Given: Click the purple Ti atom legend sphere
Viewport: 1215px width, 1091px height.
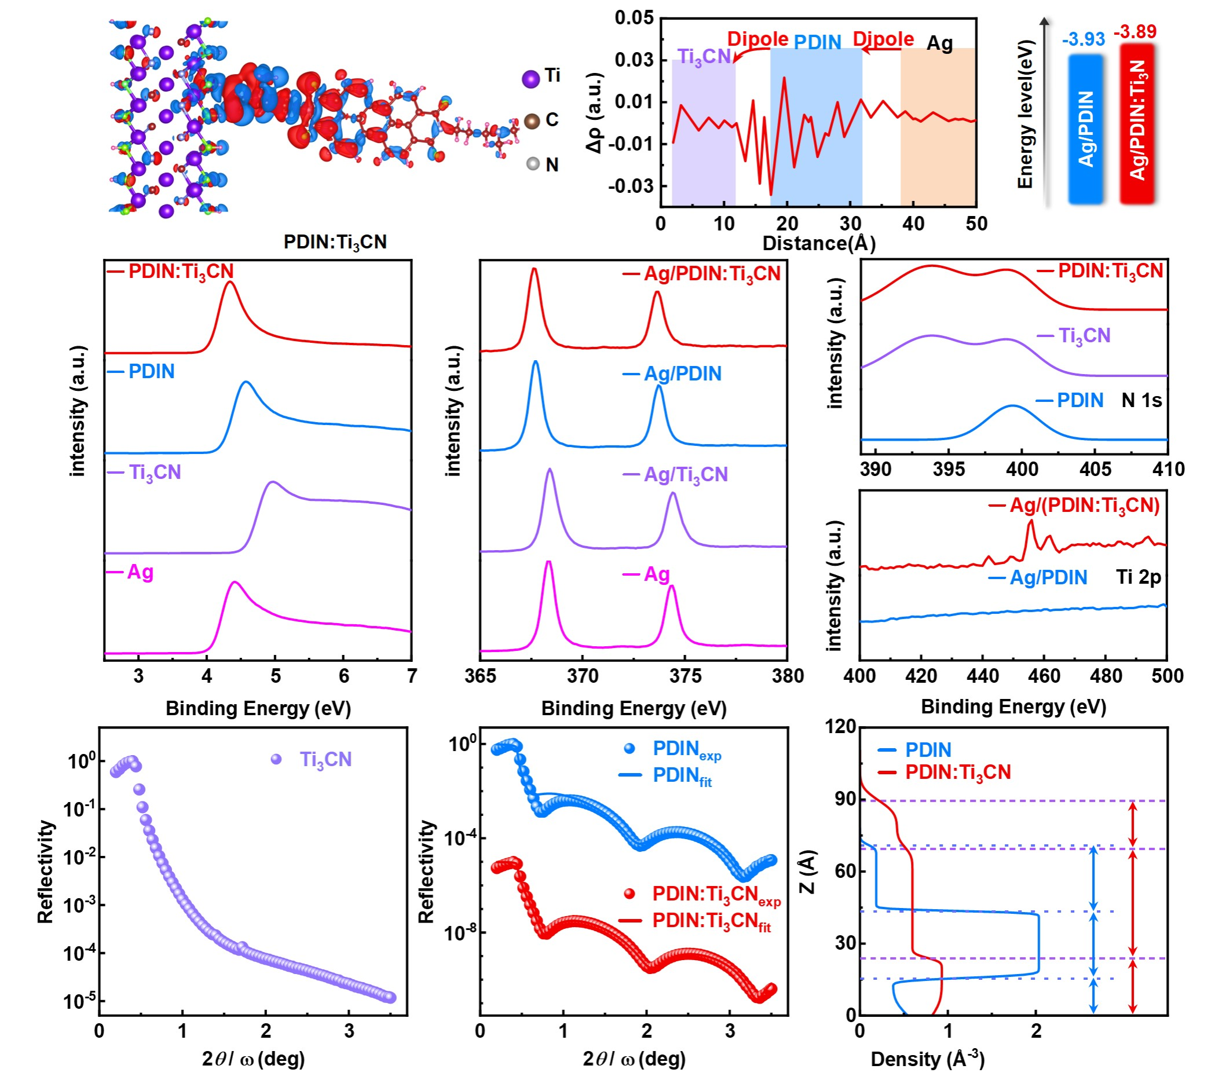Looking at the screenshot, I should click(x=530, y=79).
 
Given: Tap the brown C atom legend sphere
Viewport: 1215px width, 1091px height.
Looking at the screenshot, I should click(x=532, y=121).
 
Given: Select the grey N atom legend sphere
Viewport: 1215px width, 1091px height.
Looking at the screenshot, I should click(x=532, y=164).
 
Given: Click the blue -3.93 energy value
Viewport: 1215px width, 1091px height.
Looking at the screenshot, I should click(x=1083, y=39).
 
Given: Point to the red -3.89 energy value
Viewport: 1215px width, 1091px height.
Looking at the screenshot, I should click(x=1135, y=31).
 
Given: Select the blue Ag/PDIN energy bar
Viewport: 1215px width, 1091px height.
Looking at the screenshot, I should click(x=1085, y=129).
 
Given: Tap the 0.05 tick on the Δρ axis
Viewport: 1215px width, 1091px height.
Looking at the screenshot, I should click(x=634, y=18).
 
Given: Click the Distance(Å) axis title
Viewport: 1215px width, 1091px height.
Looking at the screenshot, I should click(x=819, y=243).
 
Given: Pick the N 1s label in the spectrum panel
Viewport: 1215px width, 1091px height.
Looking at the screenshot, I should click(x=1141, y=400).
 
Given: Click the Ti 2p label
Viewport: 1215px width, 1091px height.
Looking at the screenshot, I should click(x=1139, y=577).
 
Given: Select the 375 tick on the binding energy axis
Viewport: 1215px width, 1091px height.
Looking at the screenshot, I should click(x=685, y=676).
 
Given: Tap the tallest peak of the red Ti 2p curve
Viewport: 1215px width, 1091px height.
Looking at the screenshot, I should click(x=1031, y=522).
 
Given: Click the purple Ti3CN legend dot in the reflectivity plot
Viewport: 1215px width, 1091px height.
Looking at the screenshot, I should click(x=276, y=760).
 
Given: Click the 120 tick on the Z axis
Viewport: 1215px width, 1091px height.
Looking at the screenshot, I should click(x=840, y=727).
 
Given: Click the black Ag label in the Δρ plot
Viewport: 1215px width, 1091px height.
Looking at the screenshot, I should click(x=939, y=44).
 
